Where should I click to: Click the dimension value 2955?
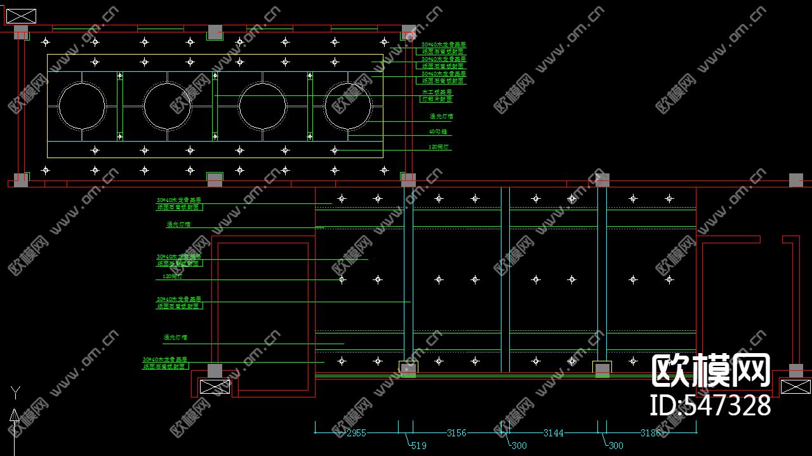tap(356, 433)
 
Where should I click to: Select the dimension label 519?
tap(418, 446)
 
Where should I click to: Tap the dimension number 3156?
tap(456, 433)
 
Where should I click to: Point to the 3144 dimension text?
tap(554, 433)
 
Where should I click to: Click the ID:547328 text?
tap(710, 405)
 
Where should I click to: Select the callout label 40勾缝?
tap(439, 132)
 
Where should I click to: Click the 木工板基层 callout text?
tap(437, 92)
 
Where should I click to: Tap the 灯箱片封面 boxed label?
tap(437, 100)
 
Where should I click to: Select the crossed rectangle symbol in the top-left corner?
tap(21, 17)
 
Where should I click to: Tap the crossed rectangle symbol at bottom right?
tap(795, 386)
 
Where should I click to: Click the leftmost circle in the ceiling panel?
tap(82, 106)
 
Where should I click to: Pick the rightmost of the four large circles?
tap(348, 106)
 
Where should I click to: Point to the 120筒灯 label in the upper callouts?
tap(439, 147)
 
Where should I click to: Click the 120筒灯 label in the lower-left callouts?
tap(172, 277)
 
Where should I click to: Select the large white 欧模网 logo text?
tap(711, 372)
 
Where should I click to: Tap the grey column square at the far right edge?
tap(796, 180)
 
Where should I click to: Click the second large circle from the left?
tap(167, 106)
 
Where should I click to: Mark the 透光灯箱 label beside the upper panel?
tap(441, 117)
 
